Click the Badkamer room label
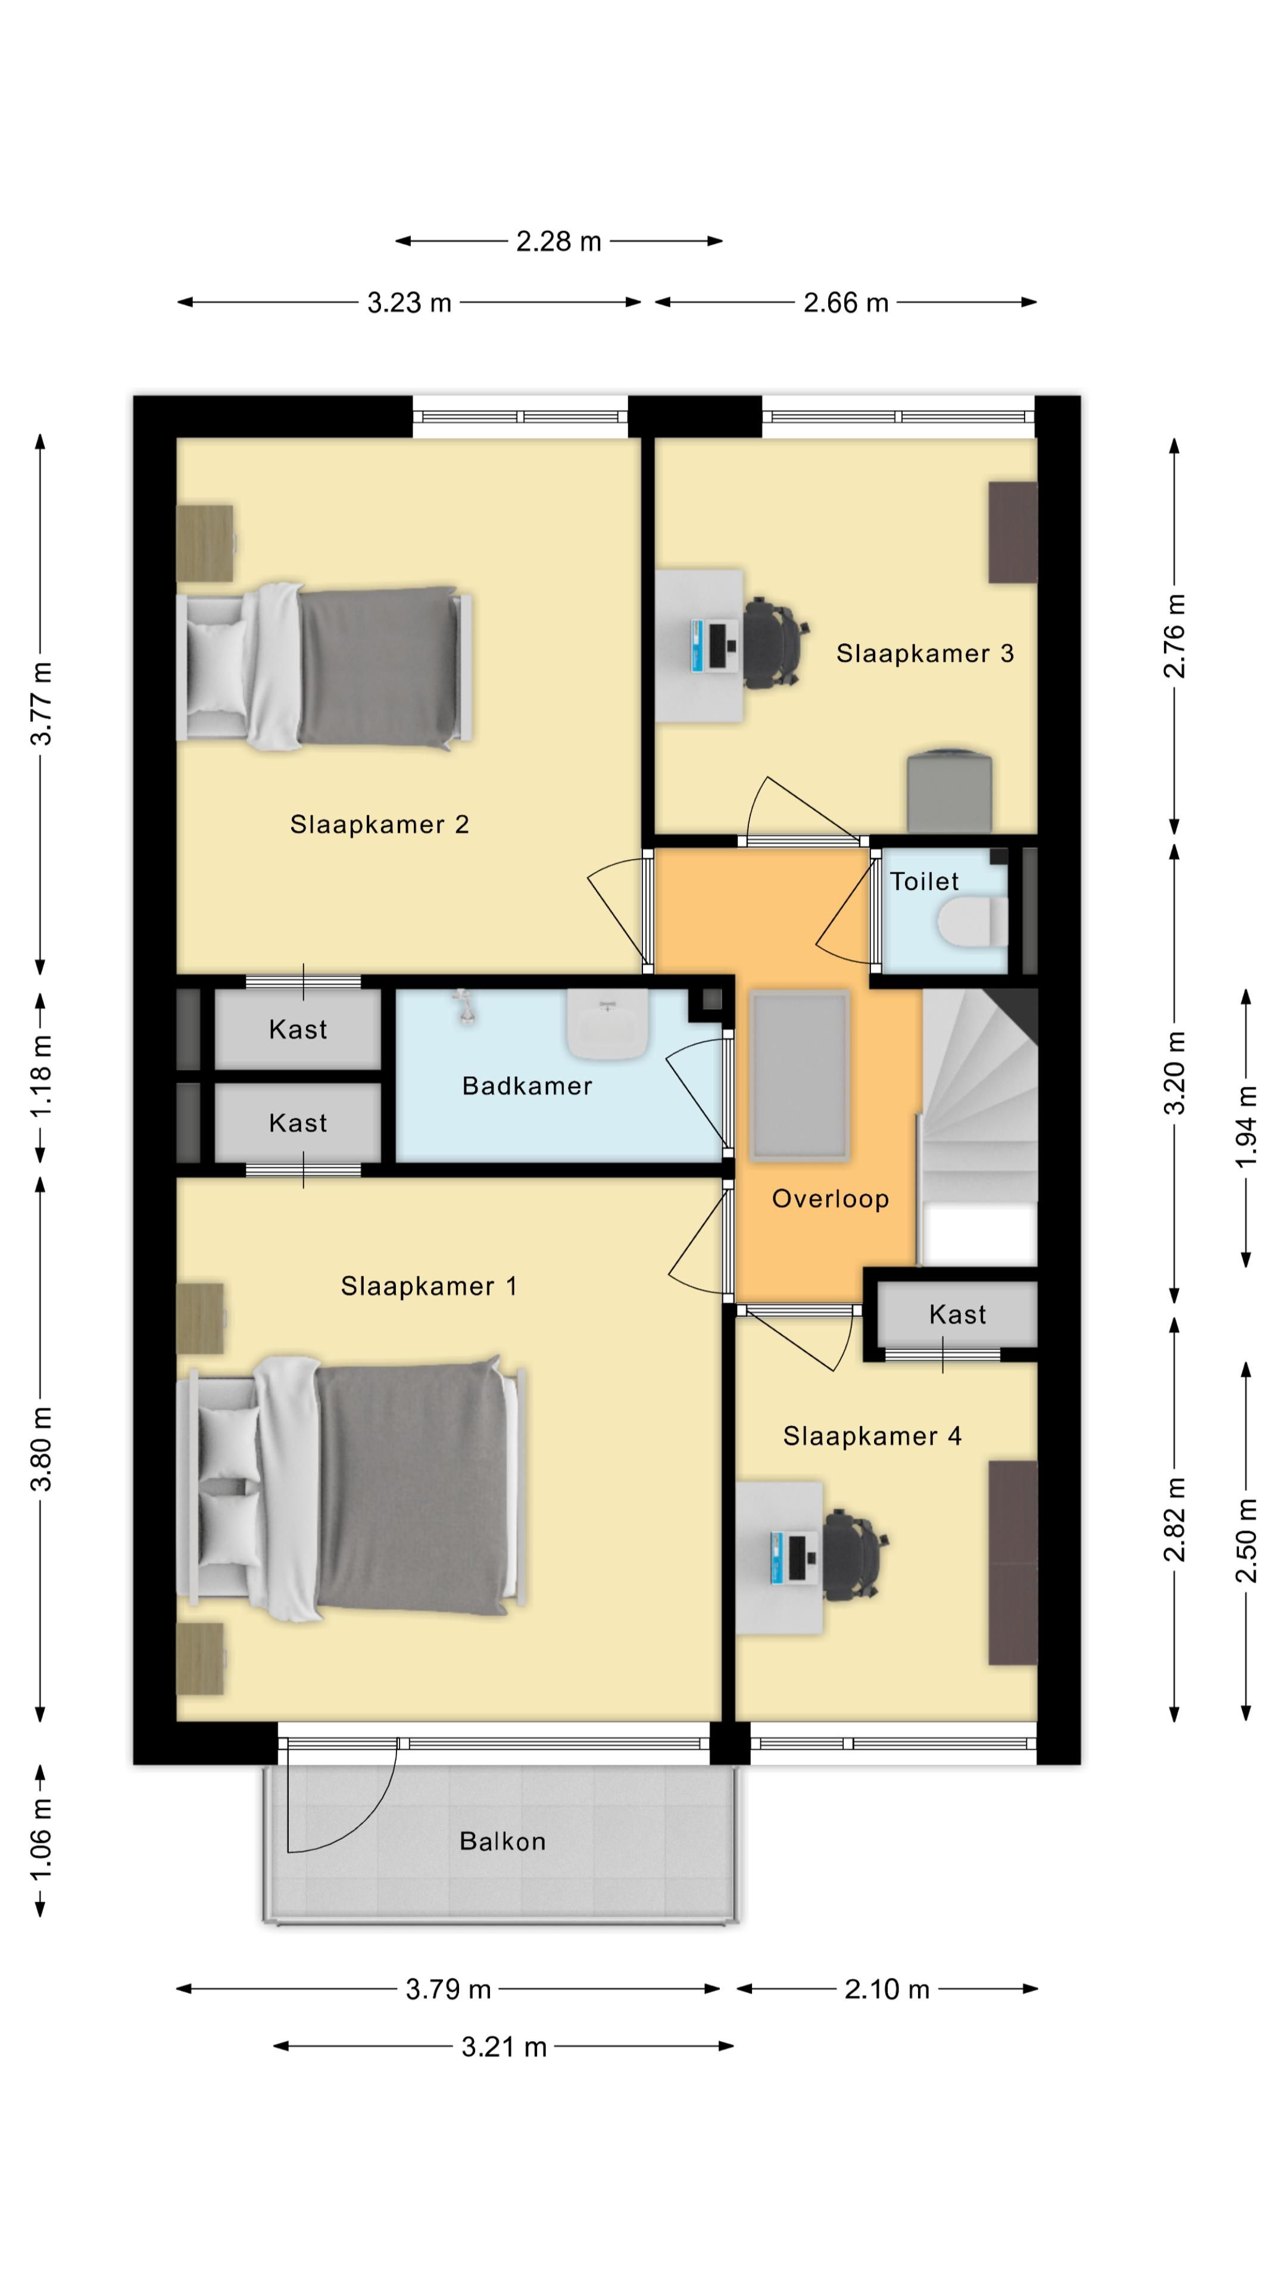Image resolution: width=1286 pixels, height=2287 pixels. tap(526, 1086)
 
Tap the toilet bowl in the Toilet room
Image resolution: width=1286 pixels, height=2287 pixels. tap(972, 921)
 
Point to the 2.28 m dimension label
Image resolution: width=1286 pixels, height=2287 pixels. tap(558, 241)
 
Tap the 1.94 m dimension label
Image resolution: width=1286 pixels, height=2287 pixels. tap(1246, 1127)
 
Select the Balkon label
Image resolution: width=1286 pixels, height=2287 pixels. tap(502, 1842)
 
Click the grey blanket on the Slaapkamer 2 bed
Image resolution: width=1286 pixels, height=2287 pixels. tap(377, 666)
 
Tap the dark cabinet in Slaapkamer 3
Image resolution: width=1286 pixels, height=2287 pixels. tap(1013, 532)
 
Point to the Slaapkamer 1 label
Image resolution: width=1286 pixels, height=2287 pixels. tap(429, 1286)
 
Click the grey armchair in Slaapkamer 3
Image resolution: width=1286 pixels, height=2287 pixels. tap(949, 792)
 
